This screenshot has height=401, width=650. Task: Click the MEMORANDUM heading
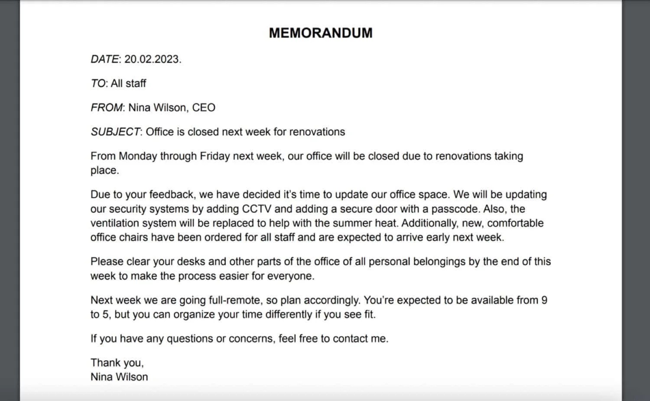pos(321,33)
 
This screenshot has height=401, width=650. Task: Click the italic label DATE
pos(104,59)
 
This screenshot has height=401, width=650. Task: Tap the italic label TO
pos(98,83)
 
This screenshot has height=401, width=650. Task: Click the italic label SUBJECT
pos(115,132)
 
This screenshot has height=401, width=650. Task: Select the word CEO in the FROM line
pos(204,108)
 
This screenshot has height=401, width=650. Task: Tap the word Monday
pos(138,156)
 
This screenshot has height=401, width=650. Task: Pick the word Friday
pos(214,156)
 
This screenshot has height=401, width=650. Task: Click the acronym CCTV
pos(257,209)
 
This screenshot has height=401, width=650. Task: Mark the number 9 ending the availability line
pos(544,300)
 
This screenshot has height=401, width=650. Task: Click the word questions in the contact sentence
pos(189,339)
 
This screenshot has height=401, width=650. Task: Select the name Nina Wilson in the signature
pos(119,377)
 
